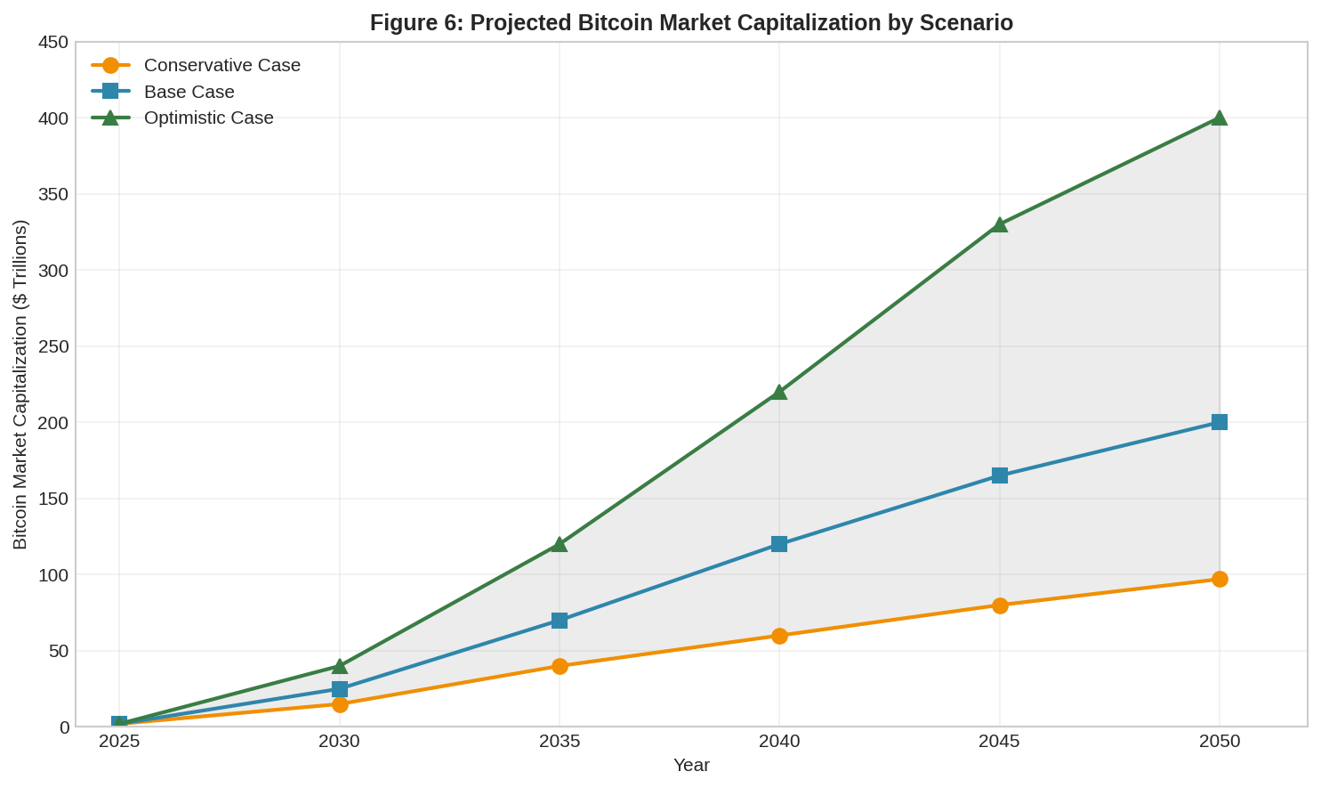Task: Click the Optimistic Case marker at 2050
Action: [x=1219, y=118]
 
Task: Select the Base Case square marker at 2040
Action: [x=779, y=544]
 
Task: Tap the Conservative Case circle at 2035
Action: [x=560, y=666]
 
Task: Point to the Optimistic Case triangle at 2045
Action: [x=999, y=225]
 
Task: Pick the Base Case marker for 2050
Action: [x=1219, y=422]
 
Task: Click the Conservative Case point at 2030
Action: [x=340, y=704]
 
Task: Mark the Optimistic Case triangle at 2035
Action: [x=560, y=544]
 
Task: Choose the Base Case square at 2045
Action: [x=999, y=475]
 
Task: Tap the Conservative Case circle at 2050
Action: [x=1219, y=579]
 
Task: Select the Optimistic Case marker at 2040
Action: [x=779, y=392]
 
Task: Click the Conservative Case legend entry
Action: [x=222, y=65]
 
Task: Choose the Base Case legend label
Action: [x=189, y=92]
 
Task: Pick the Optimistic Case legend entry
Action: [x=208, y=118]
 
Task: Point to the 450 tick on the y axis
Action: [x=52, y=42]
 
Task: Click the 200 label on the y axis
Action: [x=52, y=422]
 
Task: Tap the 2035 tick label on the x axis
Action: [x=560, y=741]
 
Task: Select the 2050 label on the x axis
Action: [x=1219, y=741]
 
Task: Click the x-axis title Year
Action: [x=691, y=765]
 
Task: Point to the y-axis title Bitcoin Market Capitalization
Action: [x=20, y=385]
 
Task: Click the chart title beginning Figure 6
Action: [x=691, y=22]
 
